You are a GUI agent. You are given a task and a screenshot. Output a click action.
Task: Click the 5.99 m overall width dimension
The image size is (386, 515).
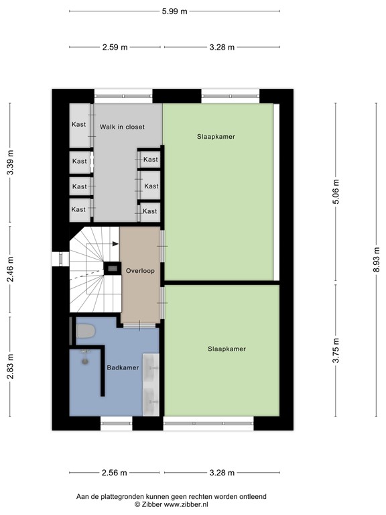(174, 11)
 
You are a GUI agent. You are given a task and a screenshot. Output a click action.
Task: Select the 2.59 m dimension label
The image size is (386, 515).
(115, 47)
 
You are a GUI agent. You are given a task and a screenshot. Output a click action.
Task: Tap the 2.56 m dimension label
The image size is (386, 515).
(115, 473)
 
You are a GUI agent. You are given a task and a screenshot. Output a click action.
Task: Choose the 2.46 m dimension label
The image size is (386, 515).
(10, 270)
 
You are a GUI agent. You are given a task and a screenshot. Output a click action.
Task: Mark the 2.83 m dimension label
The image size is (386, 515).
(10, 367)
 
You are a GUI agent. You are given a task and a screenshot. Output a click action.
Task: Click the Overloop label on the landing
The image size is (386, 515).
(140, 271)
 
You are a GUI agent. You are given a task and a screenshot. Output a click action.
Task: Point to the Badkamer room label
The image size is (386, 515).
(123, 367)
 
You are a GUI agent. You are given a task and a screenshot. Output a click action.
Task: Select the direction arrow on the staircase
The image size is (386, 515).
(114, 244)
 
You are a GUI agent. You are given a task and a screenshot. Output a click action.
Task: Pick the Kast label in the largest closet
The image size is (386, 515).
(79, 124)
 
